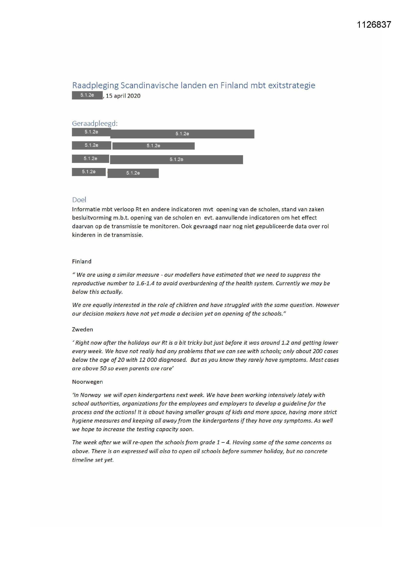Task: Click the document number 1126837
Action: coord(374,25)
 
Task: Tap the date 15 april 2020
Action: coord(123,96)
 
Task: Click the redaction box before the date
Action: coord(87,95)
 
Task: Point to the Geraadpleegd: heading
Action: coord(95,124)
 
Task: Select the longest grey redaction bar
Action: coord(182,134)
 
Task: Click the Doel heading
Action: coord(79,200)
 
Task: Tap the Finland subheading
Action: coord(82,261)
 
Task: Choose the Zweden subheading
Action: coord(82,330)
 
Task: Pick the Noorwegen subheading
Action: coord(87,382)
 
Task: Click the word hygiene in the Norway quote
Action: coord(82,420)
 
